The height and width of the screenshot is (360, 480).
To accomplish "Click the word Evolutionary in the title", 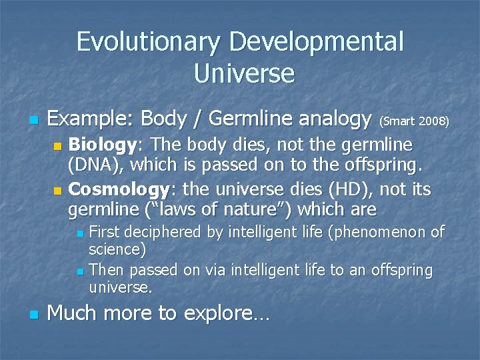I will point(149,42).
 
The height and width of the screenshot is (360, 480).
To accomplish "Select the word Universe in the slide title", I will point(244,73).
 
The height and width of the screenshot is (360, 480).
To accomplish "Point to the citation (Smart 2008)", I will point(414,121).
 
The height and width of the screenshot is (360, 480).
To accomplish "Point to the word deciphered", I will point(168,233).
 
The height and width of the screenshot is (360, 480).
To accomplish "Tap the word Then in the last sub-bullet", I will point(107,271).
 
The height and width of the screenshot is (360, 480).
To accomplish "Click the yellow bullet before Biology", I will point(57,146).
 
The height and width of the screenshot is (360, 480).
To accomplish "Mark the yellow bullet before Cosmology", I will point(57,191).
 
